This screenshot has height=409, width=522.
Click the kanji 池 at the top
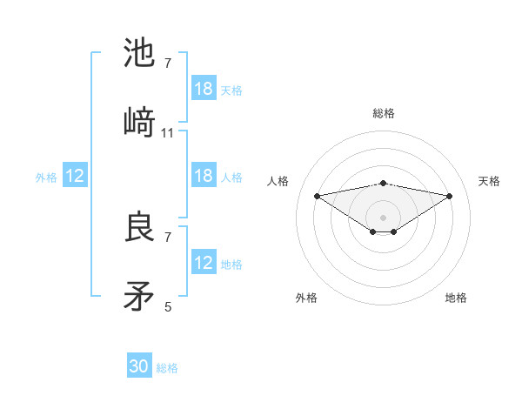pos(141,54)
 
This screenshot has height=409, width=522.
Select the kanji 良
pos(141,228)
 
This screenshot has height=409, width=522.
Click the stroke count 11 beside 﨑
pos(168,133)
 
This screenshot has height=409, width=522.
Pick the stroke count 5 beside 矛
pos(168,306)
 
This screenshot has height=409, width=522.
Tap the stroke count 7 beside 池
pos(168,64)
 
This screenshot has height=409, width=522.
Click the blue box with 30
pos(139,366)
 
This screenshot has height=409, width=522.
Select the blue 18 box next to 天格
pos(204,89)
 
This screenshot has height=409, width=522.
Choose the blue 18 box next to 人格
pos(204,176)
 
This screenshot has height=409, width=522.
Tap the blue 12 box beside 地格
pos(204,263)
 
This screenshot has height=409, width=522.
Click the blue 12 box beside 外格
pos(75,176)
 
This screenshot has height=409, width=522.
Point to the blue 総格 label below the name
pos(168,368)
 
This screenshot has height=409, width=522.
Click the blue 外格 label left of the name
pos(46,177)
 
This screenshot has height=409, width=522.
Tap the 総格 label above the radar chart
pos(383,113)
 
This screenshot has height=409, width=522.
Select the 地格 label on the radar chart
pos(456,298)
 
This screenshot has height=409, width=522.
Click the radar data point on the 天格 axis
pos(450,196)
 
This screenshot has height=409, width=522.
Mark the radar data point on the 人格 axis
pos(317,195)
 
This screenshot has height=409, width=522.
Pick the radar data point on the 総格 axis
pos(383,183)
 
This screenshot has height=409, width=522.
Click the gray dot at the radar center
pos(383,217)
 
